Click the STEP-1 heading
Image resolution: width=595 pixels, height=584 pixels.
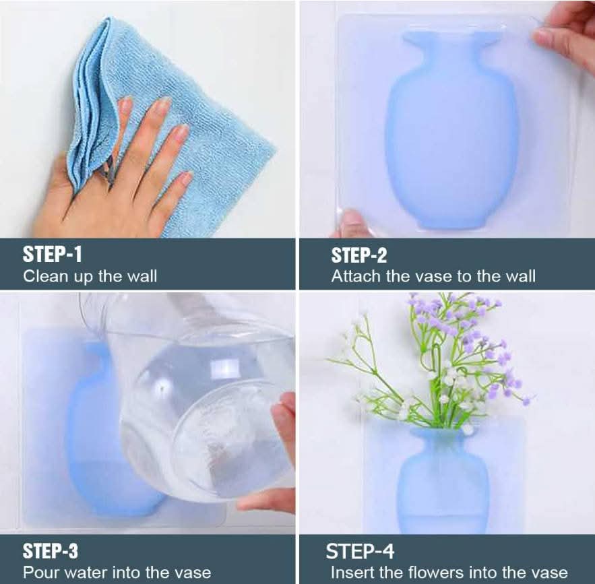[x=53, y=254]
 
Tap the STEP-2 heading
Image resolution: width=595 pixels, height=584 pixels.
[x=359, y=255]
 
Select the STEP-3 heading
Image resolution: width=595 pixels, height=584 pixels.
[x=51, y=552]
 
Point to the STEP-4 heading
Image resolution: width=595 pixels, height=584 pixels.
[x=360, y=552]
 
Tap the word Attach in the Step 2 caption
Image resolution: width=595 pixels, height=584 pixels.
[x=356, y=276]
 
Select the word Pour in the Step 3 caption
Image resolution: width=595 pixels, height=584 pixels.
[x=39, y=573]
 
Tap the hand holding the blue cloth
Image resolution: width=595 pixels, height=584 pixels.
[x=114, y=179]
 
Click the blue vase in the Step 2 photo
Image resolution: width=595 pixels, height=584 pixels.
[x=451, y=129]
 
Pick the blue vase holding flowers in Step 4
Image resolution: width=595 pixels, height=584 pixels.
[x=443, y=482]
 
